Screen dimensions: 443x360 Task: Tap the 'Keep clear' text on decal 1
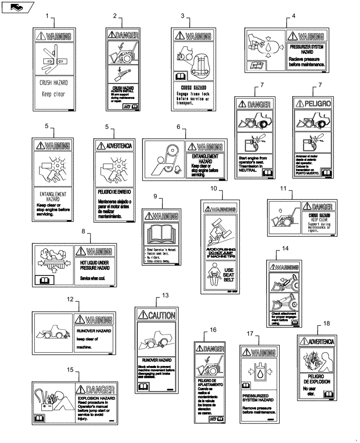(53, 94)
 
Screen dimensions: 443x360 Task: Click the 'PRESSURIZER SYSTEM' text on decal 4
(307, 47)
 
